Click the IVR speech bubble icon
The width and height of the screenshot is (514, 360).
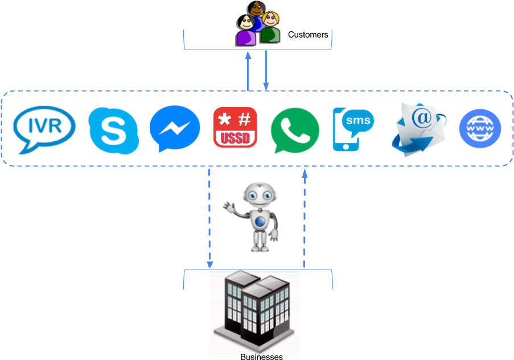[x=44, y=130]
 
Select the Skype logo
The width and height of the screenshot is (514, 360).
[x=113, y=130]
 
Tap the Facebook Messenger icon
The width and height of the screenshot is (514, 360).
[x=175, y=129]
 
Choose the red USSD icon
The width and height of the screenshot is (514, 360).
[x=235, y=127]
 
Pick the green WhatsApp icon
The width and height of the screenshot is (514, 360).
[x=294, y=130]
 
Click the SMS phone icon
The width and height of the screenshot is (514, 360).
[x=353, y=129]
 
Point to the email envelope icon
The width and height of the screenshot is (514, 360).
[x=420, y=128]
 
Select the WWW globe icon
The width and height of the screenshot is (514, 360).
[x=480, y=128]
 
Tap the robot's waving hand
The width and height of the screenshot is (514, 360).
[x=229, y=206]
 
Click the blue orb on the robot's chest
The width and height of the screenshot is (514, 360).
[x=260, y=222]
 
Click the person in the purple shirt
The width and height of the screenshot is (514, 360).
[x=246, y=32]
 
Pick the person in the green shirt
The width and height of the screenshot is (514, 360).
[x=270, y=28]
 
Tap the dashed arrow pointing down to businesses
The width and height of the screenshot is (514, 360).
[x=209, y=216]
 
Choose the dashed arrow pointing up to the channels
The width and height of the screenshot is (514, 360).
[x=305, y=216]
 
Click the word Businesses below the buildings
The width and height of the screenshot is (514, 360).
[x=261, y=357]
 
